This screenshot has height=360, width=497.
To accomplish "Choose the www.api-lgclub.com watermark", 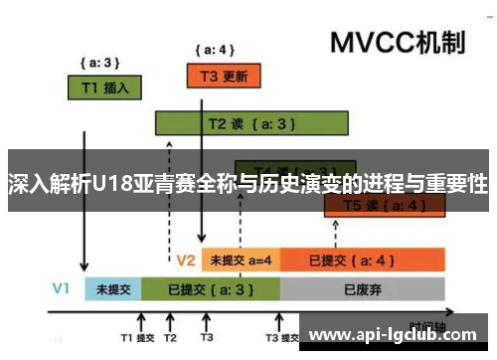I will pos(396,335).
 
